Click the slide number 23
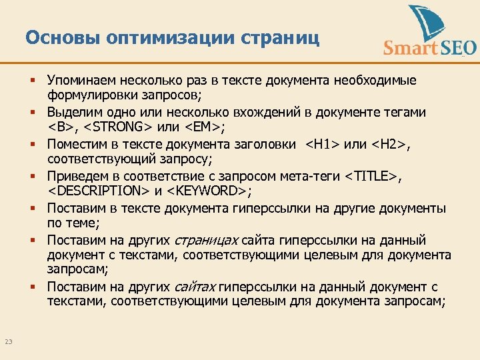(9, 342)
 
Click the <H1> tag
(321, 144)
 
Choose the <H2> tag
(387, 144)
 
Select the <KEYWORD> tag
(207, 192)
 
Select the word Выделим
(74, 112)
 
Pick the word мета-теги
(309, 176)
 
